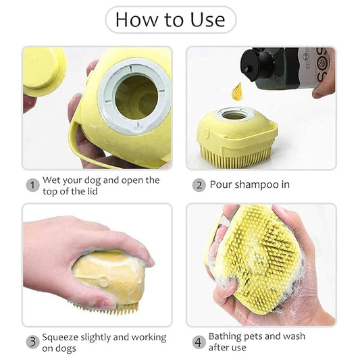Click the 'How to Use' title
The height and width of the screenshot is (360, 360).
170,20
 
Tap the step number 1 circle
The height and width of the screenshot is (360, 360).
32,185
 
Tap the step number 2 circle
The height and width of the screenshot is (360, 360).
199,185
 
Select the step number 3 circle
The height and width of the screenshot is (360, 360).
32,342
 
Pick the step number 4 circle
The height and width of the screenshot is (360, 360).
199,342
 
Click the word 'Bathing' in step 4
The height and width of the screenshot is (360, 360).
226,336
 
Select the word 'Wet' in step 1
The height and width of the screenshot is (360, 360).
51,180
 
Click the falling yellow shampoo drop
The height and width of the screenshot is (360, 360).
236,90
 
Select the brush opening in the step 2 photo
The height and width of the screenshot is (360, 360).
234,115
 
